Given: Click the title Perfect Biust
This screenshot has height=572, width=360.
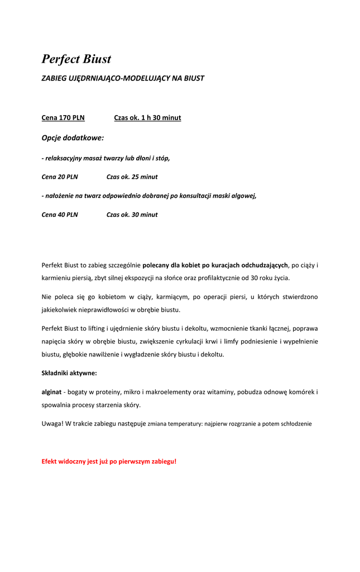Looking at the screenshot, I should (x=76, y=59).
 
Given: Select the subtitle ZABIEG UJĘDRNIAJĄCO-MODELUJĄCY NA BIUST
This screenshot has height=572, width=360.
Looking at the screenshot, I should (x=123, y=78).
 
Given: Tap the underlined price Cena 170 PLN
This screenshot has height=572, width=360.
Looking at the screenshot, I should (x=63, y=118).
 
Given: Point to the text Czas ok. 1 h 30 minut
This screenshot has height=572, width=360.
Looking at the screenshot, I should (x=147, y=118).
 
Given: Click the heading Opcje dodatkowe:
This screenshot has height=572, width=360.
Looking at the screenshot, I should (x=73, y=138).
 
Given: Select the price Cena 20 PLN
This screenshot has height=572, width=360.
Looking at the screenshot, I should (x=60, y=177).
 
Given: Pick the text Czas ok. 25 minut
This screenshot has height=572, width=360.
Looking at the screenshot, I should (x=132, y=177).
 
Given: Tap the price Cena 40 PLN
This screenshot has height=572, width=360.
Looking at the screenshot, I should (x=60, y=214).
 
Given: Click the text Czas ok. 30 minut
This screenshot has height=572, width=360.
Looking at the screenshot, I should (x=132, y=214).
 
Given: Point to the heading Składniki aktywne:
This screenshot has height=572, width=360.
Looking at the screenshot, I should (x=69, y=373).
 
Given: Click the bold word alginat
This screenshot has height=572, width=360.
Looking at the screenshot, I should (x=51, y=392).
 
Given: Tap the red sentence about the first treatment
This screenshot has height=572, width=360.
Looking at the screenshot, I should (x=109, y=461).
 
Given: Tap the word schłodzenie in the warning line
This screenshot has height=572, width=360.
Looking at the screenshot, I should (x=294, y=424).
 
